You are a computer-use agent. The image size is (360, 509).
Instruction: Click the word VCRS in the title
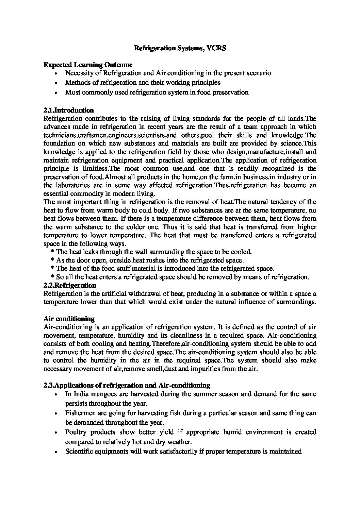coord(216,48)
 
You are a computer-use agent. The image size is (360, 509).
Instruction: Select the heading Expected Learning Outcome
coord(88,65)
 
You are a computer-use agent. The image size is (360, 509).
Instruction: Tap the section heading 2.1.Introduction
coord(69,110)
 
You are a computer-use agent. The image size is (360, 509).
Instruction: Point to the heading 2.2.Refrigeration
coord(70,285)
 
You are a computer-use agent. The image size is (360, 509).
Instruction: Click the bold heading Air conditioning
coord(69,319)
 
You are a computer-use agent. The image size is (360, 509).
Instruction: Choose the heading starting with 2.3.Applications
coord(127,385)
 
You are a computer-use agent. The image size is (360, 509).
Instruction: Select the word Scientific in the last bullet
coord(79,452)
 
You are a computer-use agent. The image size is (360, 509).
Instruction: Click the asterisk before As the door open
coord(52,261)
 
